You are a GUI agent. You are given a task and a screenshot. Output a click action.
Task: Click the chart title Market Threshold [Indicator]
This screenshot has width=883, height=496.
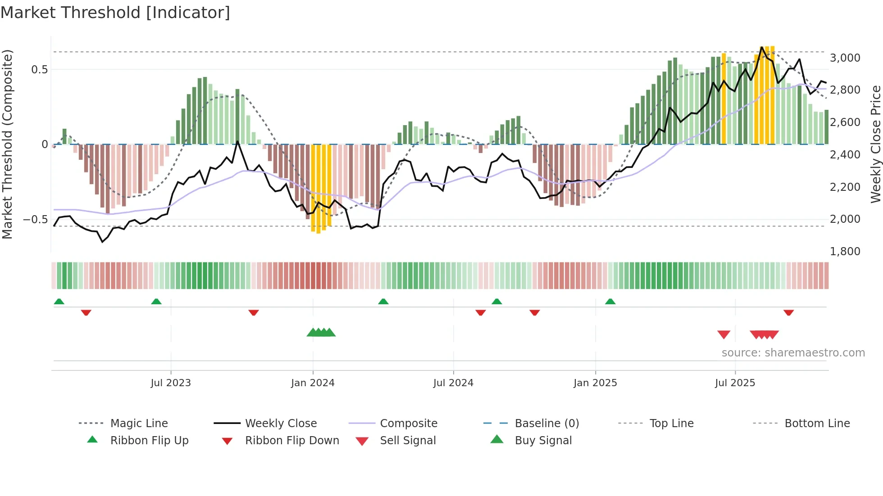click(x=115, y=13)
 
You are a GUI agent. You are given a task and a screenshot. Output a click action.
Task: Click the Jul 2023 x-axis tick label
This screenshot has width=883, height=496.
click(x=171, y=383)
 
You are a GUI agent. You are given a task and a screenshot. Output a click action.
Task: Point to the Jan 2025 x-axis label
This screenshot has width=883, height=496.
click(x=595, y=383)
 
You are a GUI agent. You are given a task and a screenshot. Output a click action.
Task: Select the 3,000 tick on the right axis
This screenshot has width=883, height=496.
click(x=845, y=58)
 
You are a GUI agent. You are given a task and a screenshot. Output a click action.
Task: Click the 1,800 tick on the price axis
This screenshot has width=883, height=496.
click(x=845, y=251)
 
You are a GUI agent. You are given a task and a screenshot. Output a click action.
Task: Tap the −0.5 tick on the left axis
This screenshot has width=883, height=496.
click(x=35, y=220)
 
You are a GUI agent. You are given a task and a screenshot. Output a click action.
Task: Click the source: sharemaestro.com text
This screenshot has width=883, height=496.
click(x=793, y=352)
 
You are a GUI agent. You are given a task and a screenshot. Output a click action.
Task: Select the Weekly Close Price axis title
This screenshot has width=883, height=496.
click(x=875, y=144)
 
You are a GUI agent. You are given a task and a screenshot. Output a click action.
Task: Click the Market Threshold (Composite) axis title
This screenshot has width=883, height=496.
click(x=7, y=144)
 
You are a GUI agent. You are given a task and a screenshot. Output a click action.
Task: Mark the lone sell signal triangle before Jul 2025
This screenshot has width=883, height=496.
click(x=724, y=334)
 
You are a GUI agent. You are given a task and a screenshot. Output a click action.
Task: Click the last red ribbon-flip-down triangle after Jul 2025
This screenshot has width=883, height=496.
click(x=788, y=312)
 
